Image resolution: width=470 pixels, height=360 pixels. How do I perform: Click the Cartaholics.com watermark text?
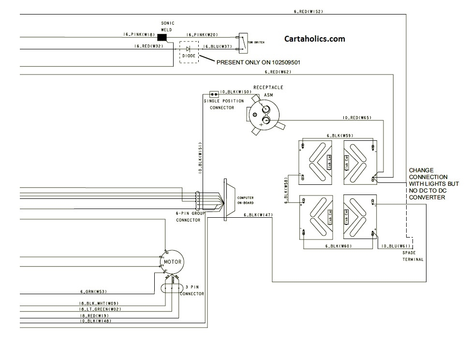pyautogui.click(x=315, y=39)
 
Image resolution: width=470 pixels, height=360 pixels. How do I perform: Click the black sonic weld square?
pyautogui.click(x=162, y=37)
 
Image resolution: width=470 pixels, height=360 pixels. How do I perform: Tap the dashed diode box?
pyautogui.click(x=189, y=52)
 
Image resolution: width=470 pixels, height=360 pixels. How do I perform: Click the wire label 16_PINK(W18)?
pyautogui.click(x=139, y=35)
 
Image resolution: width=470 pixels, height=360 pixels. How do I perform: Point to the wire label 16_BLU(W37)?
pyautogui.click(x=217, y=46)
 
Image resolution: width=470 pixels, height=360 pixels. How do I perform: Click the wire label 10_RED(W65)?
pyautogui.click(x=357, y=118)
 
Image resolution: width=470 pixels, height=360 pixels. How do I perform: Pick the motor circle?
pyautogui.click(x=172, y=262)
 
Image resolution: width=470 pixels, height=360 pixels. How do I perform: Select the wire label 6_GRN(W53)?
pyautogui.click(x=93, y=291)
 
